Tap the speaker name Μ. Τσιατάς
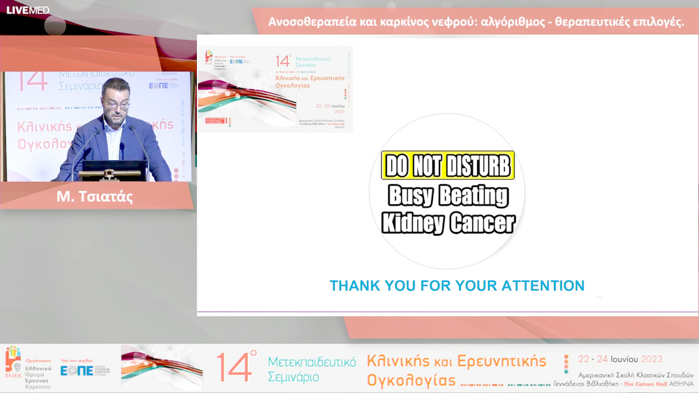click(x=94, y=197)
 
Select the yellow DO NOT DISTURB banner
click(x=448, y=166)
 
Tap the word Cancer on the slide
click(x=482, y=223)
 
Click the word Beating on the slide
click(x=474, y=195)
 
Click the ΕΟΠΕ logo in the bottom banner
click(x=76, y=370)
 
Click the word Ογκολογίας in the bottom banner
click(x=411, y=379)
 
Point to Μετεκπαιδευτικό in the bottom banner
click(x=312, y=361)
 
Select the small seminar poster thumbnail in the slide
click(x=275, y=89)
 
